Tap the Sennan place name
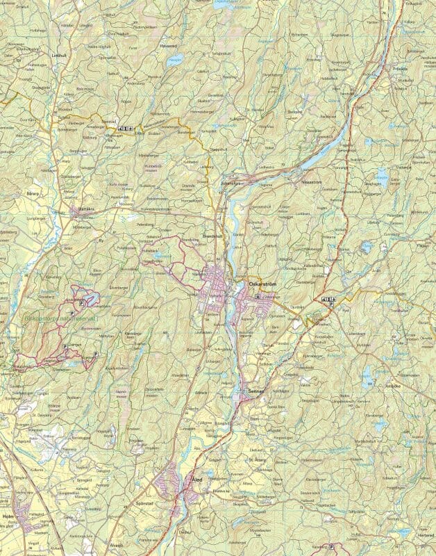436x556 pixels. (256, 392)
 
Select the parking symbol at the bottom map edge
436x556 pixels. (332, 547)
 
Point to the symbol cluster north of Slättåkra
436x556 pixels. (126, 128)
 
